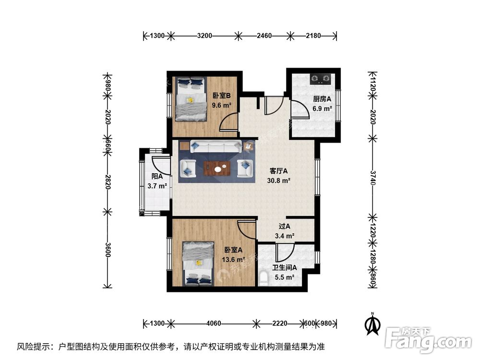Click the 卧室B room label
222,95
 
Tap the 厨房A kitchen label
323,99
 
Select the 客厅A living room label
278,171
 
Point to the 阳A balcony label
156,177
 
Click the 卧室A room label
233,250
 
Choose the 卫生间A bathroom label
285,268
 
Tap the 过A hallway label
285,227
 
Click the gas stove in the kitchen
321,77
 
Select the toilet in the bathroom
263,278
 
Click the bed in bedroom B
191,98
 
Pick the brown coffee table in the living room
217,168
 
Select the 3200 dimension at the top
205,36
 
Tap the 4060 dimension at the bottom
214,323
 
